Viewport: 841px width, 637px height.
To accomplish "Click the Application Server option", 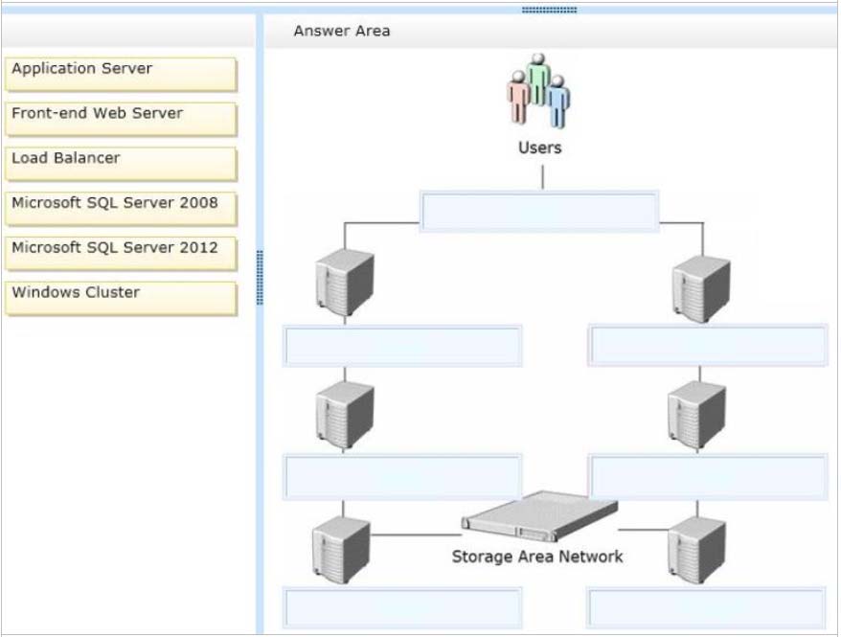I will pyautogui.click(x=121, y=73).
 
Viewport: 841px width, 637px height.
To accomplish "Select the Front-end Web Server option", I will pyautogui.click(x=121, y=118).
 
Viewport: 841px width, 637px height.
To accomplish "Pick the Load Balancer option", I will pyautogui.click(x=121, y=163).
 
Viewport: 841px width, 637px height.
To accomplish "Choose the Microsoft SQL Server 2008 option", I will pyautogui.click(x=121, y=208).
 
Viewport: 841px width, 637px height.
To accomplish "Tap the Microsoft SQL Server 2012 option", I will pyautogui.click(x=121, y=253).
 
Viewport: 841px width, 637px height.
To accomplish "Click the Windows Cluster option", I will pyautogui.click(x=121, y=297).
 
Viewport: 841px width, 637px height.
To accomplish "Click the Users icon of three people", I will pyautogui.click(x=538, y=90).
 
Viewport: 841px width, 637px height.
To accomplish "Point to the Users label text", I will pyautogui.click(x=539, y=148).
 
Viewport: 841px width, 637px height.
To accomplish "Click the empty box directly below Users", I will pyautogui.click(x=539, y=211).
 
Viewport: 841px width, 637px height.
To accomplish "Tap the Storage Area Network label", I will pyautogui.click(x=537, y=557).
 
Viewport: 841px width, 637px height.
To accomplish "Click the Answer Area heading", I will pyautogui.click(x=342, y=31).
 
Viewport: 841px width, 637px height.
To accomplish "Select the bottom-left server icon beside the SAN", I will pyautogui.click(x=341, y=547).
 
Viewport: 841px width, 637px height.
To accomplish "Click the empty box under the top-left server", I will pyautogui.click(x=402, y=346).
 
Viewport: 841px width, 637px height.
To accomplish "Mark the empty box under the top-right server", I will pyautogui.click(x=708, y=346).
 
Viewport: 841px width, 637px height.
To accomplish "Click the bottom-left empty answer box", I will pyautogui.click(x=402, y=608).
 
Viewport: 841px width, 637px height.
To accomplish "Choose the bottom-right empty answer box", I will pyautogui.click(x=708, y=608).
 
